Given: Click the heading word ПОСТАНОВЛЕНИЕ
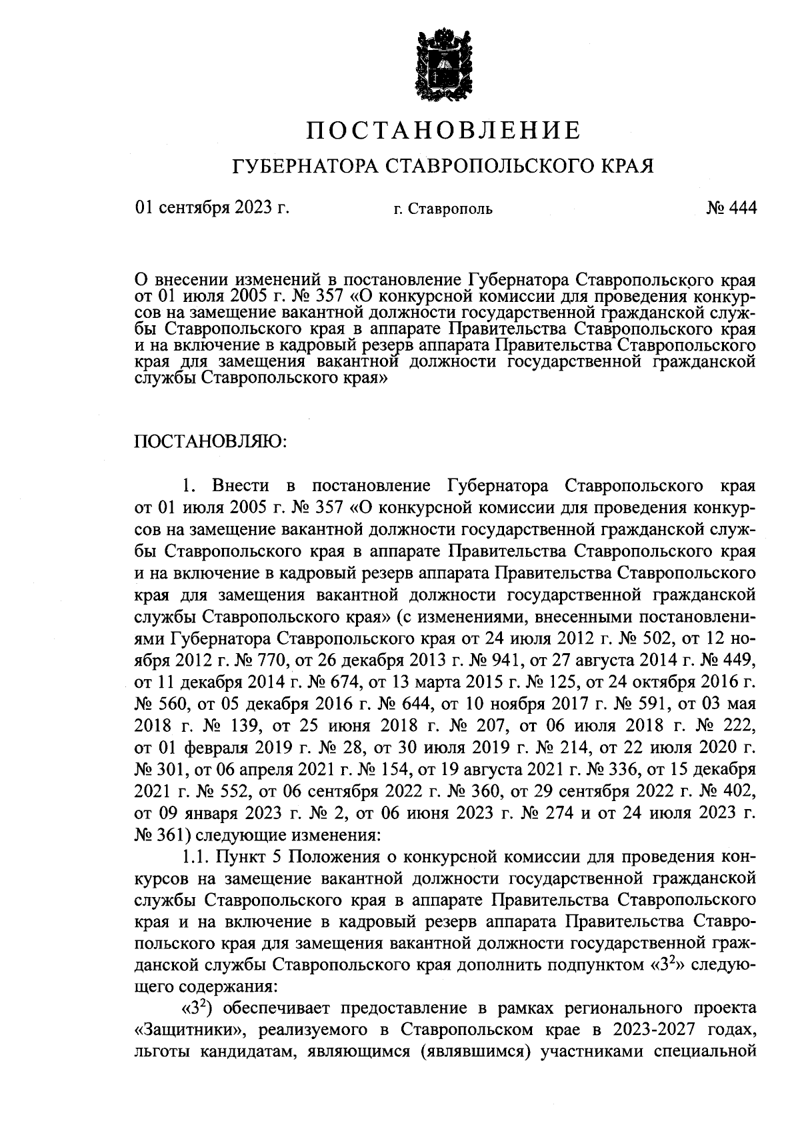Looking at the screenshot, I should (443, 130).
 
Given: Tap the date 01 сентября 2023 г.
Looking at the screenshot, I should (212, 208).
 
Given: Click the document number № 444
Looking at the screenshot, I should (731, 208).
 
